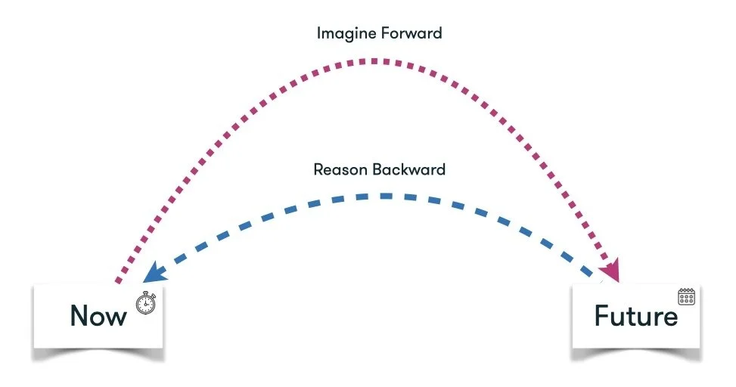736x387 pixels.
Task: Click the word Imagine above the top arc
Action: (338, 33)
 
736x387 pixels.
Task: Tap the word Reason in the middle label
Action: (337, 169)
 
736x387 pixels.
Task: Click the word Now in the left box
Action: (98, 315)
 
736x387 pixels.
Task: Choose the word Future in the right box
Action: (635, 315)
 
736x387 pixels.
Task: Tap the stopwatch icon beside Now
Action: (144, 304)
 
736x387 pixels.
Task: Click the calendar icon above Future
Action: (686, 296)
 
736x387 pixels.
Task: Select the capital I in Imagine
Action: (318, 33)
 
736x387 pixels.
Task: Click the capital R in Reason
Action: (318, 169)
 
